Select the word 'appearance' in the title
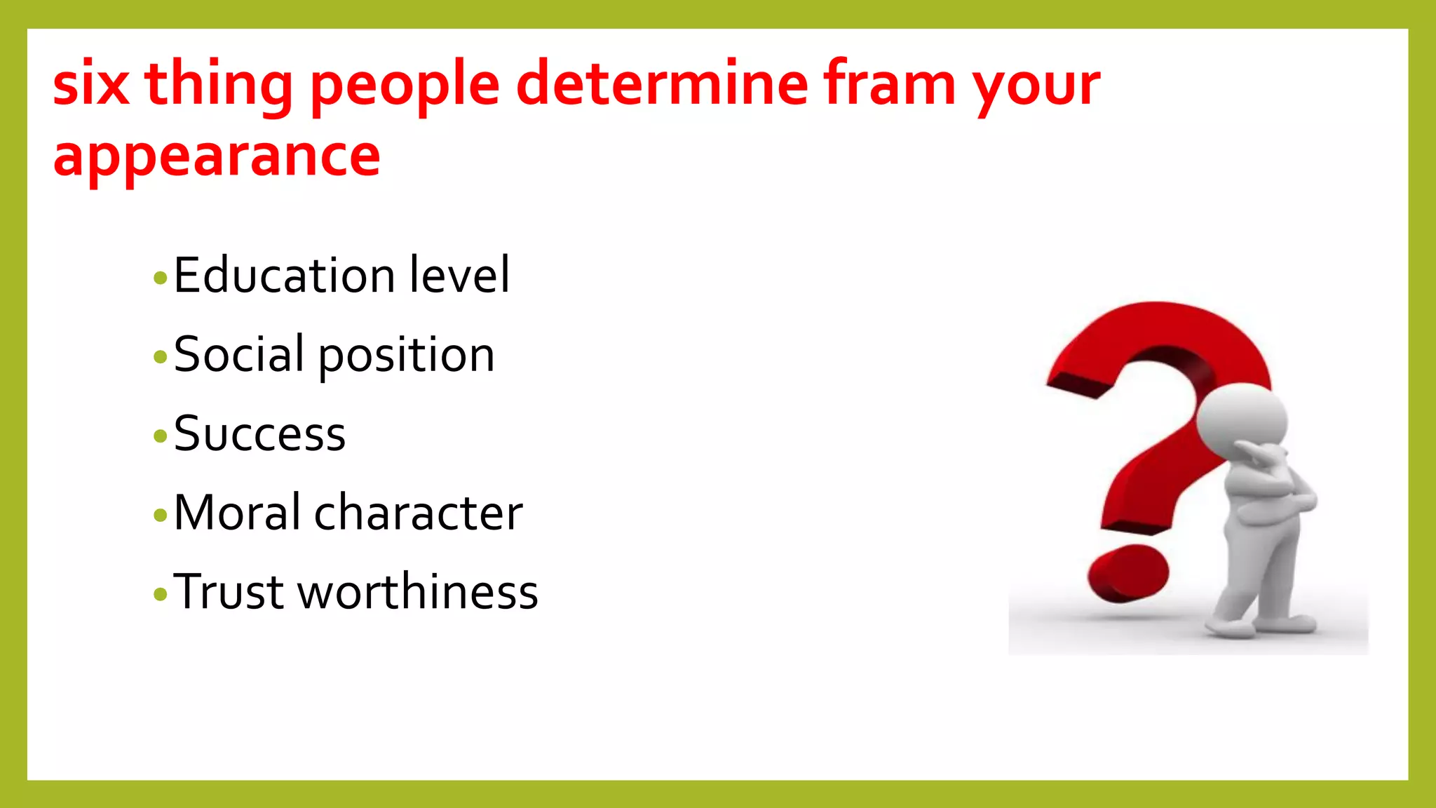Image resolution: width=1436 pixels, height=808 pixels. (217, 156)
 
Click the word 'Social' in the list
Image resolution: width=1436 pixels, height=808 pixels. (239, 354)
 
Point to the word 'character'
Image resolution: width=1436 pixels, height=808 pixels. (418, 513)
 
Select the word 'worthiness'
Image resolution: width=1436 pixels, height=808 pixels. (418, 592)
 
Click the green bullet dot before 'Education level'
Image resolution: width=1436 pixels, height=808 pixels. (160, 278)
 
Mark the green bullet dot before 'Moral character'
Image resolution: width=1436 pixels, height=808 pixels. (160, 516)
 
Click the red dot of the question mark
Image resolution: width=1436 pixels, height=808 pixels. (1127, 574)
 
